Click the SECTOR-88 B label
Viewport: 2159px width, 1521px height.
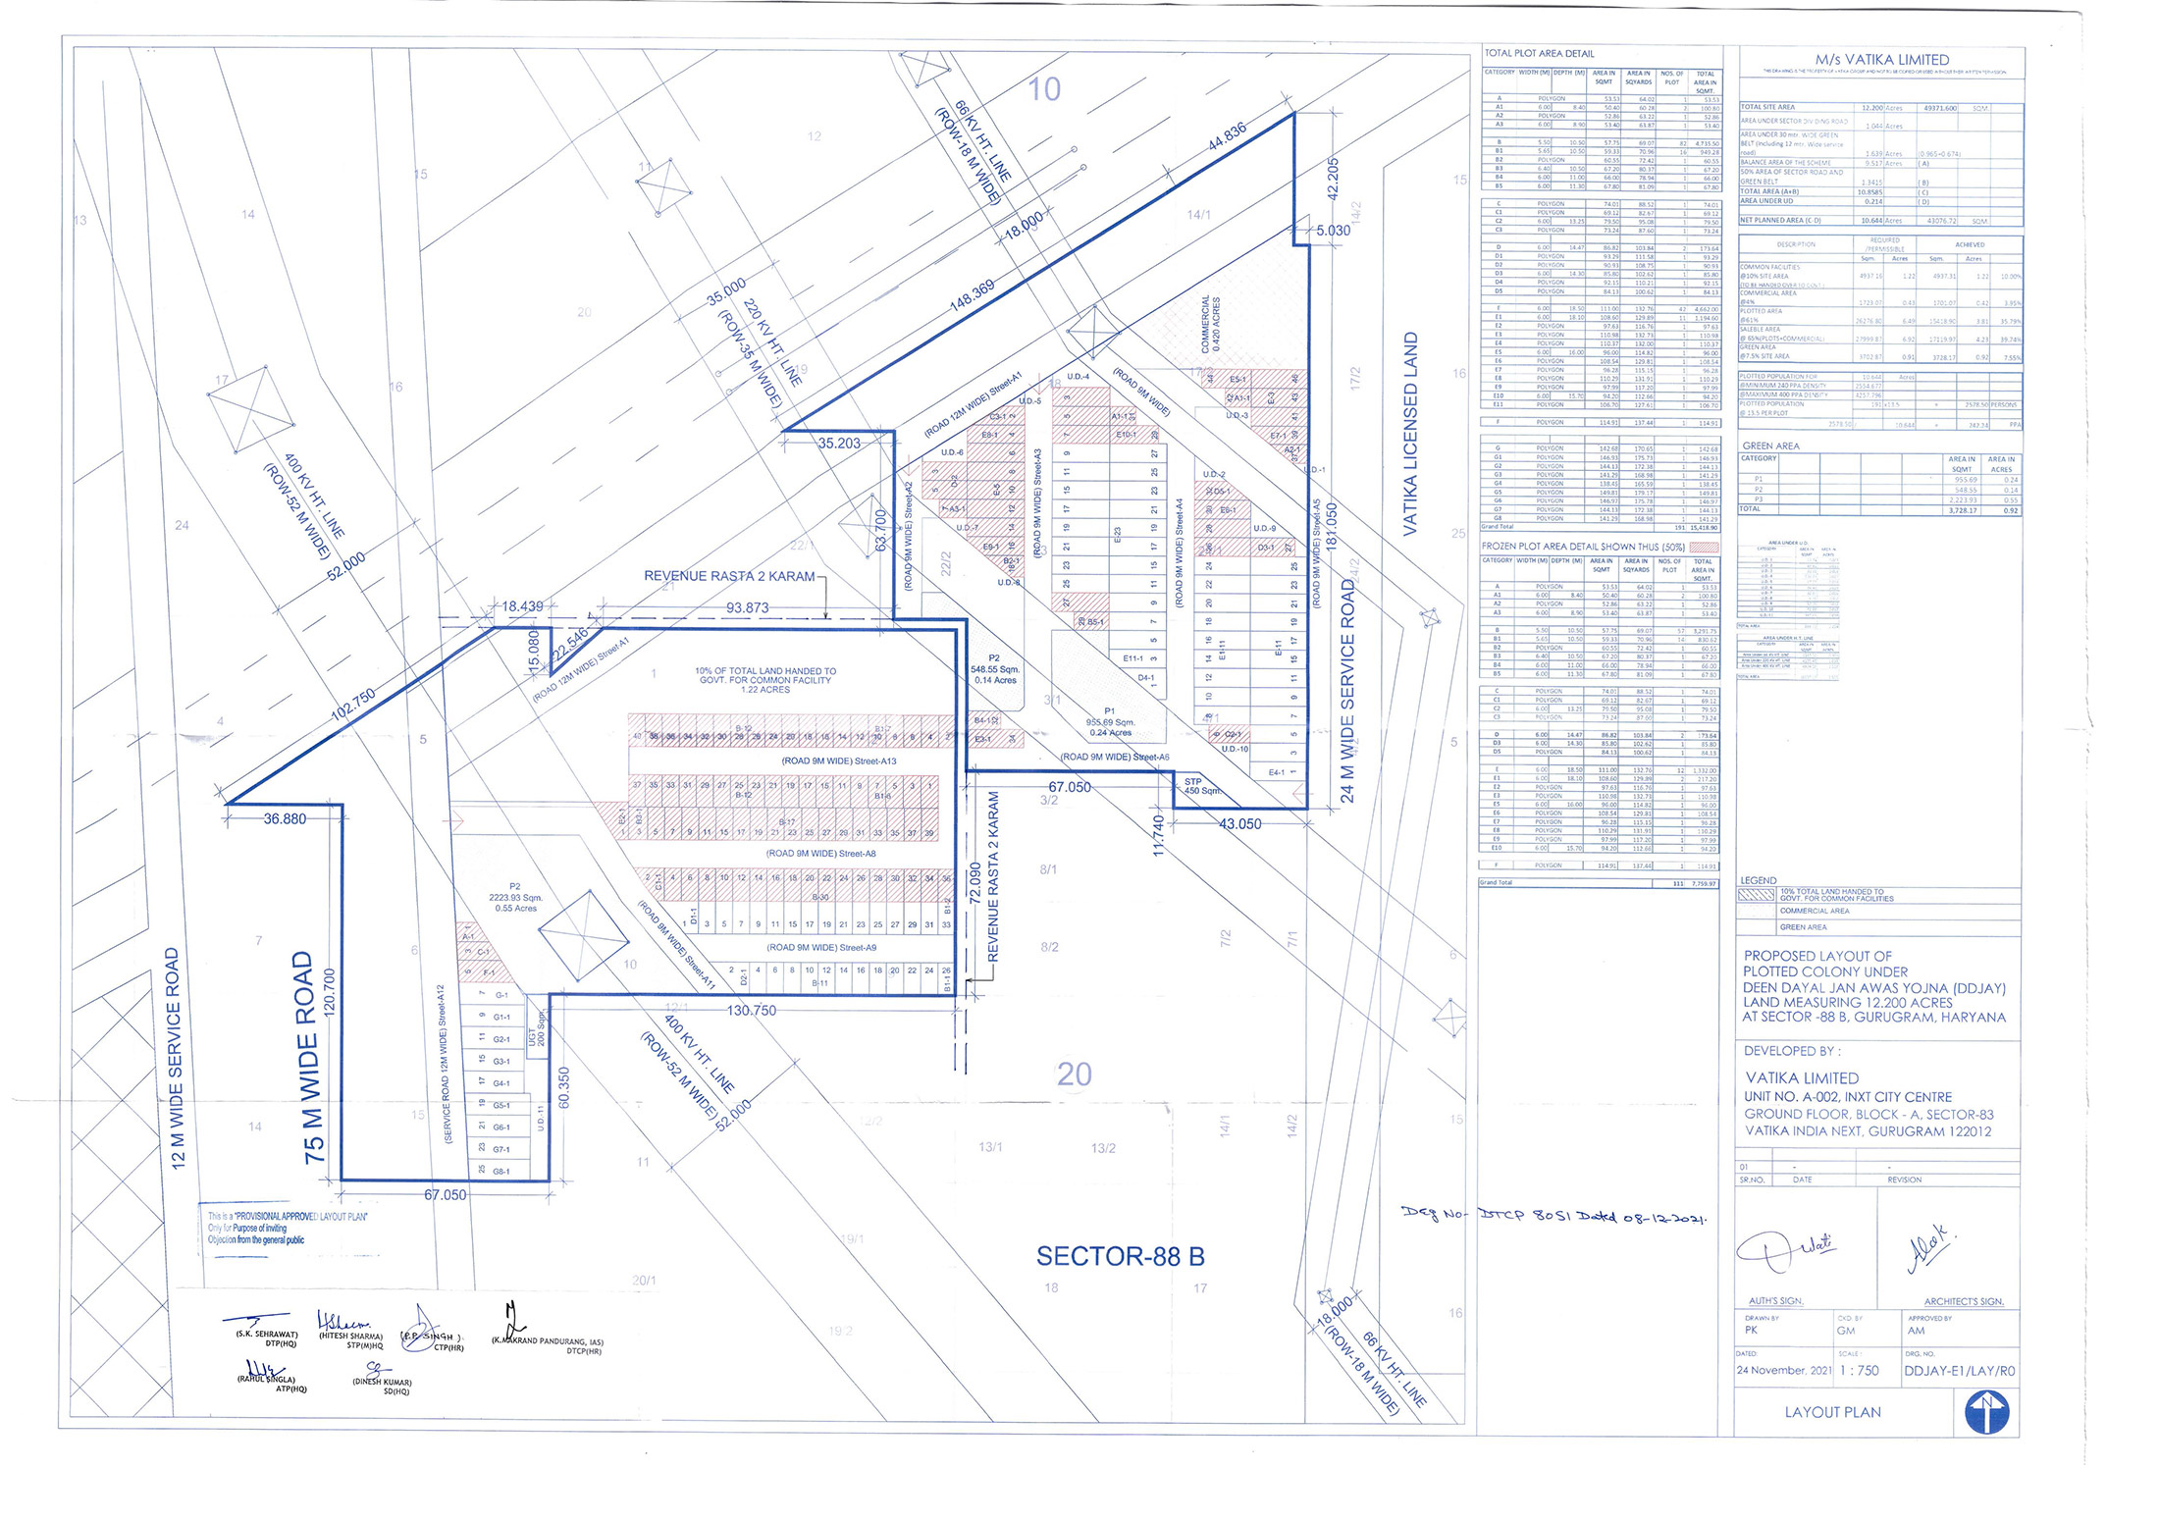point(1120,1257)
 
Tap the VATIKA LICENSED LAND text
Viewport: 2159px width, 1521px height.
point(1410,434)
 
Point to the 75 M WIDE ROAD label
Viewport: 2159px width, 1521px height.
point(310,1057)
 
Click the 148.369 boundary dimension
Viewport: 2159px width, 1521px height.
point(972,295)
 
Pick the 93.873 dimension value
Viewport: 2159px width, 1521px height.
point(747,608)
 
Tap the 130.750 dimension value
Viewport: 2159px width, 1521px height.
point(751,1011)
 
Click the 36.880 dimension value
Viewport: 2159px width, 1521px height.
point(285,818)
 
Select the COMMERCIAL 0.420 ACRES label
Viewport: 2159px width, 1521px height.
point(1211,325)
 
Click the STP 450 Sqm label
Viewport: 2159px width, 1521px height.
point(1200,786)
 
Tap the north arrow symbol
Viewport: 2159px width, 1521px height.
point(1986,1414)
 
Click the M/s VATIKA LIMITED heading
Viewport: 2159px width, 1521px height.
point(1881,60)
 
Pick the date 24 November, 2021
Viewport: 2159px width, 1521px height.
point(1783,1371)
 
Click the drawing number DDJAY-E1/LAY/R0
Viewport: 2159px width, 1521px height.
point(1959,1371)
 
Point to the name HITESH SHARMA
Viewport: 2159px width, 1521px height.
point(350,1337)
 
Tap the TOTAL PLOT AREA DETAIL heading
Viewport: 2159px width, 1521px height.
point(1539,54)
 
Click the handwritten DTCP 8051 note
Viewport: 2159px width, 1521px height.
point(1555,1216)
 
